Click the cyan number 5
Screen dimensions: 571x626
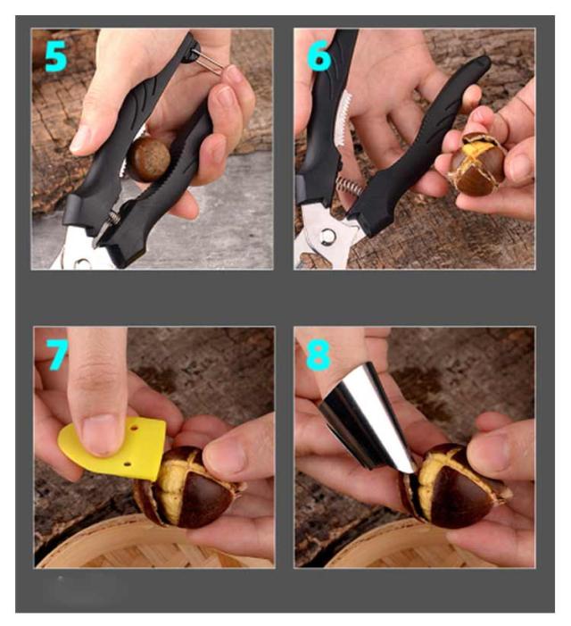pos(56,57)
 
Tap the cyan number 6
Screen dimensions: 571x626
pos(319,55)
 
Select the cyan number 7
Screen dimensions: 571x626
pos(57,355)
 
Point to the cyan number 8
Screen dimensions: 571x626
pos(318,355)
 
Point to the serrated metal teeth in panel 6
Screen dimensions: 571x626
pos(342,119)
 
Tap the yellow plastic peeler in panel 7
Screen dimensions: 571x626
pos(113,447)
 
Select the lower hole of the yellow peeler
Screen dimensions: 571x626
pos(128,464)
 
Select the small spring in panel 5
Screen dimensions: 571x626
pos(114,218)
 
